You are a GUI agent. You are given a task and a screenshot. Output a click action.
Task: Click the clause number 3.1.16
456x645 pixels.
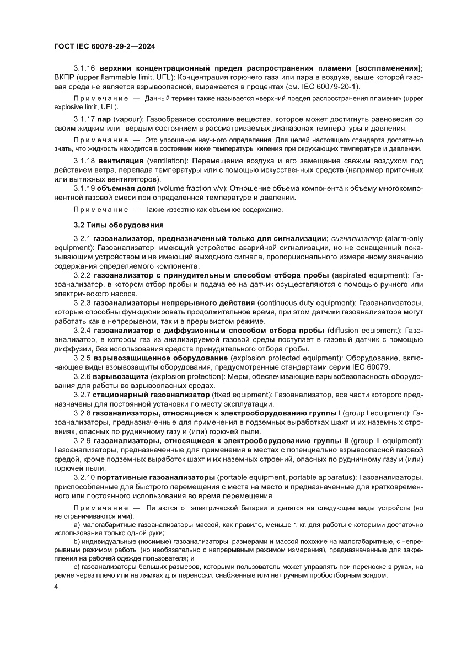click(85, 68)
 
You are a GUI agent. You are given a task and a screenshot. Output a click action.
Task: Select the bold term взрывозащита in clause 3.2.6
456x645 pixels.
click(121, 376)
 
